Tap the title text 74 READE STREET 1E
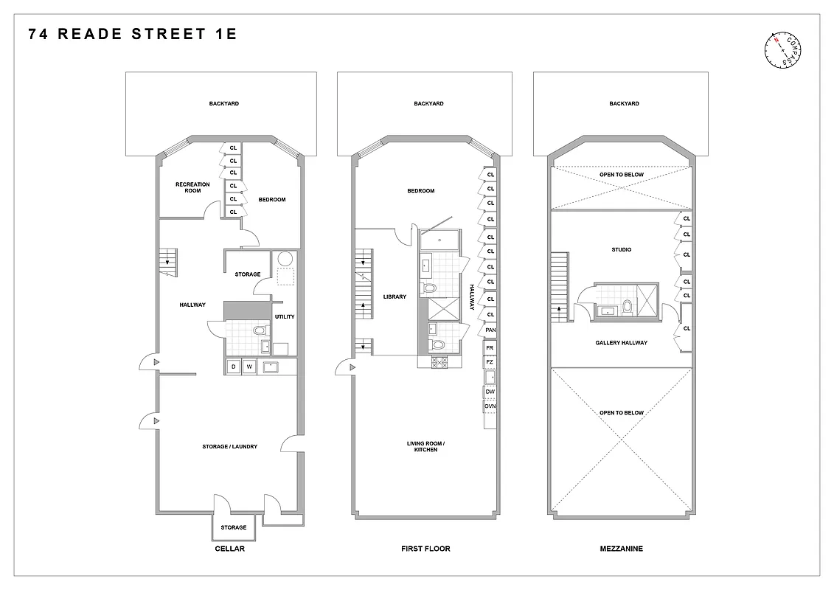(x=133, y=34)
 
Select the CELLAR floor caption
(x=229, y=549)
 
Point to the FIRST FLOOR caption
(x=425, y=549)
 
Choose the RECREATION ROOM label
(x=192, y=187)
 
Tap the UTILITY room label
(x=285, y=317)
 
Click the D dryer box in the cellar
(x=233, y=367)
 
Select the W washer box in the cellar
(x=249, y=367)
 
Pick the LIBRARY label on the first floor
(x=395, y=296)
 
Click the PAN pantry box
(x=490, y=330)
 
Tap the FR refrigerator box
(x=490, y=347)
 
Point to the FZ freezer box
(x=490, y=362)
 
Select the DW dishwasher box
(x=490, y=392)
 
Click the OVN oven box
(x=490, y=406)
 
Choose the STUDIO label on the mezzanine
(x=621, y=250)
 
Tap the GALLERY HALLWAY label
(x=621, y=343)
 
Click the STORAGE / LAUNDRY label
(x=230, y=446)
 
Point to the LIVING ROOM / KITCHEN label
(x=425, y=446)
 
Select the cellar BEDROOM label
(x=271, y=199)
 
